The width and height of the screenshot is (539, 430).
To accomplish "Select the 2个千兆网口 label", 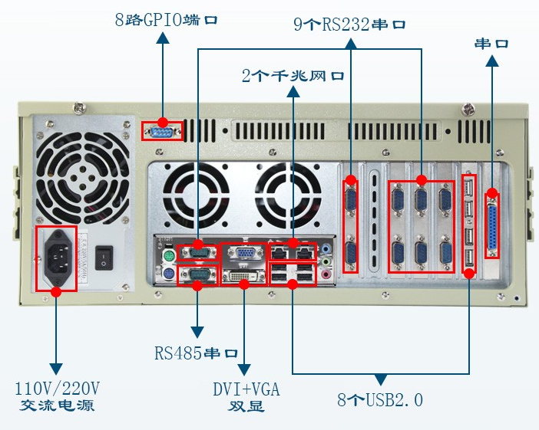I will tap(293, 76).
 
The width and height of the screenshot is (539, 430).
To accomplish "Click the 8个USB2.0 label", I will tap(380, 399).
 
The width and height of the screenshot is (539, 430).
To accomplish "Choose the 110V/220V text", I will tap(58, 388).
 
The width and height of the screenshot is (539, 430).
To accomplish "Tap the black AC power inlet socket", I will tap(57, 257).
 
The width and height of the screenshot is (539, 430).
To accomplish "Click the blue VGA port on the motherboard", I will tap(245, 253).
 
